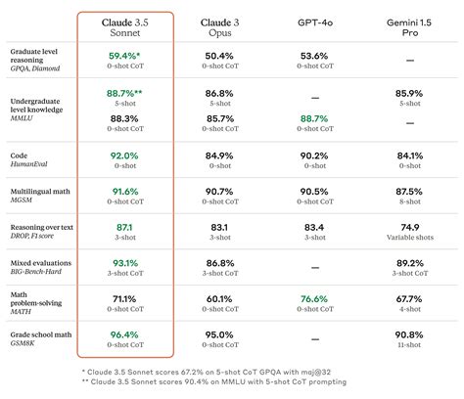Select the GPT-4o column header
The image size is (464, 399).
[312, 21]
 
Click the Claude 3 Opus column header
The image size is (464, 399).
[219, 26]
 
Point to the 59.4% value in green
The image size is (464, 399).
[124, 57]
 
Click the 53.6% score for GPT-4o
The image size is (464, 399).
[312, 57]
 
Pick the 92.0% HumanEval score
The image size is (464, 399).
[124, 155]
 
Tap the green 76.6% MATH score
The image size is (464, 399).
[312, 299]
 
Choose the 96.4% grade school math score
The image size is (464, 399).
[124, 335]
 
